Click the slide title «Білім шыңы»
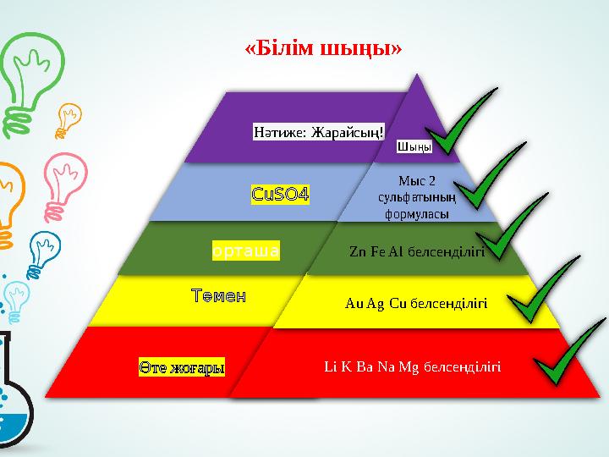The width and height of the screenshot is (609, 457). point(322,48)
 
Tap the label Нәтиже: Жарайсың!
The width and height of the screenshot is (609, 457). point(319,132)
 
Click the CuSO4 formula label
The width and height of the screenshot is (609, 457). point(280,195)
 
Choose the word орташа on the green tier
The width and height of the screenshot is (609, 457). point(245,251)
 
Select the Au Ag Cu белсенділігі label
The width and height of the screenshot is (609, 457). point(416,302)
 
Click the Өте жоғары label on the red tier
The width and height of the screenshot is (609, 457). point(183,368)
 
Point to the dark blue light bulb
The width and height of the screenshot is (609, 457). point(41,254)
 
